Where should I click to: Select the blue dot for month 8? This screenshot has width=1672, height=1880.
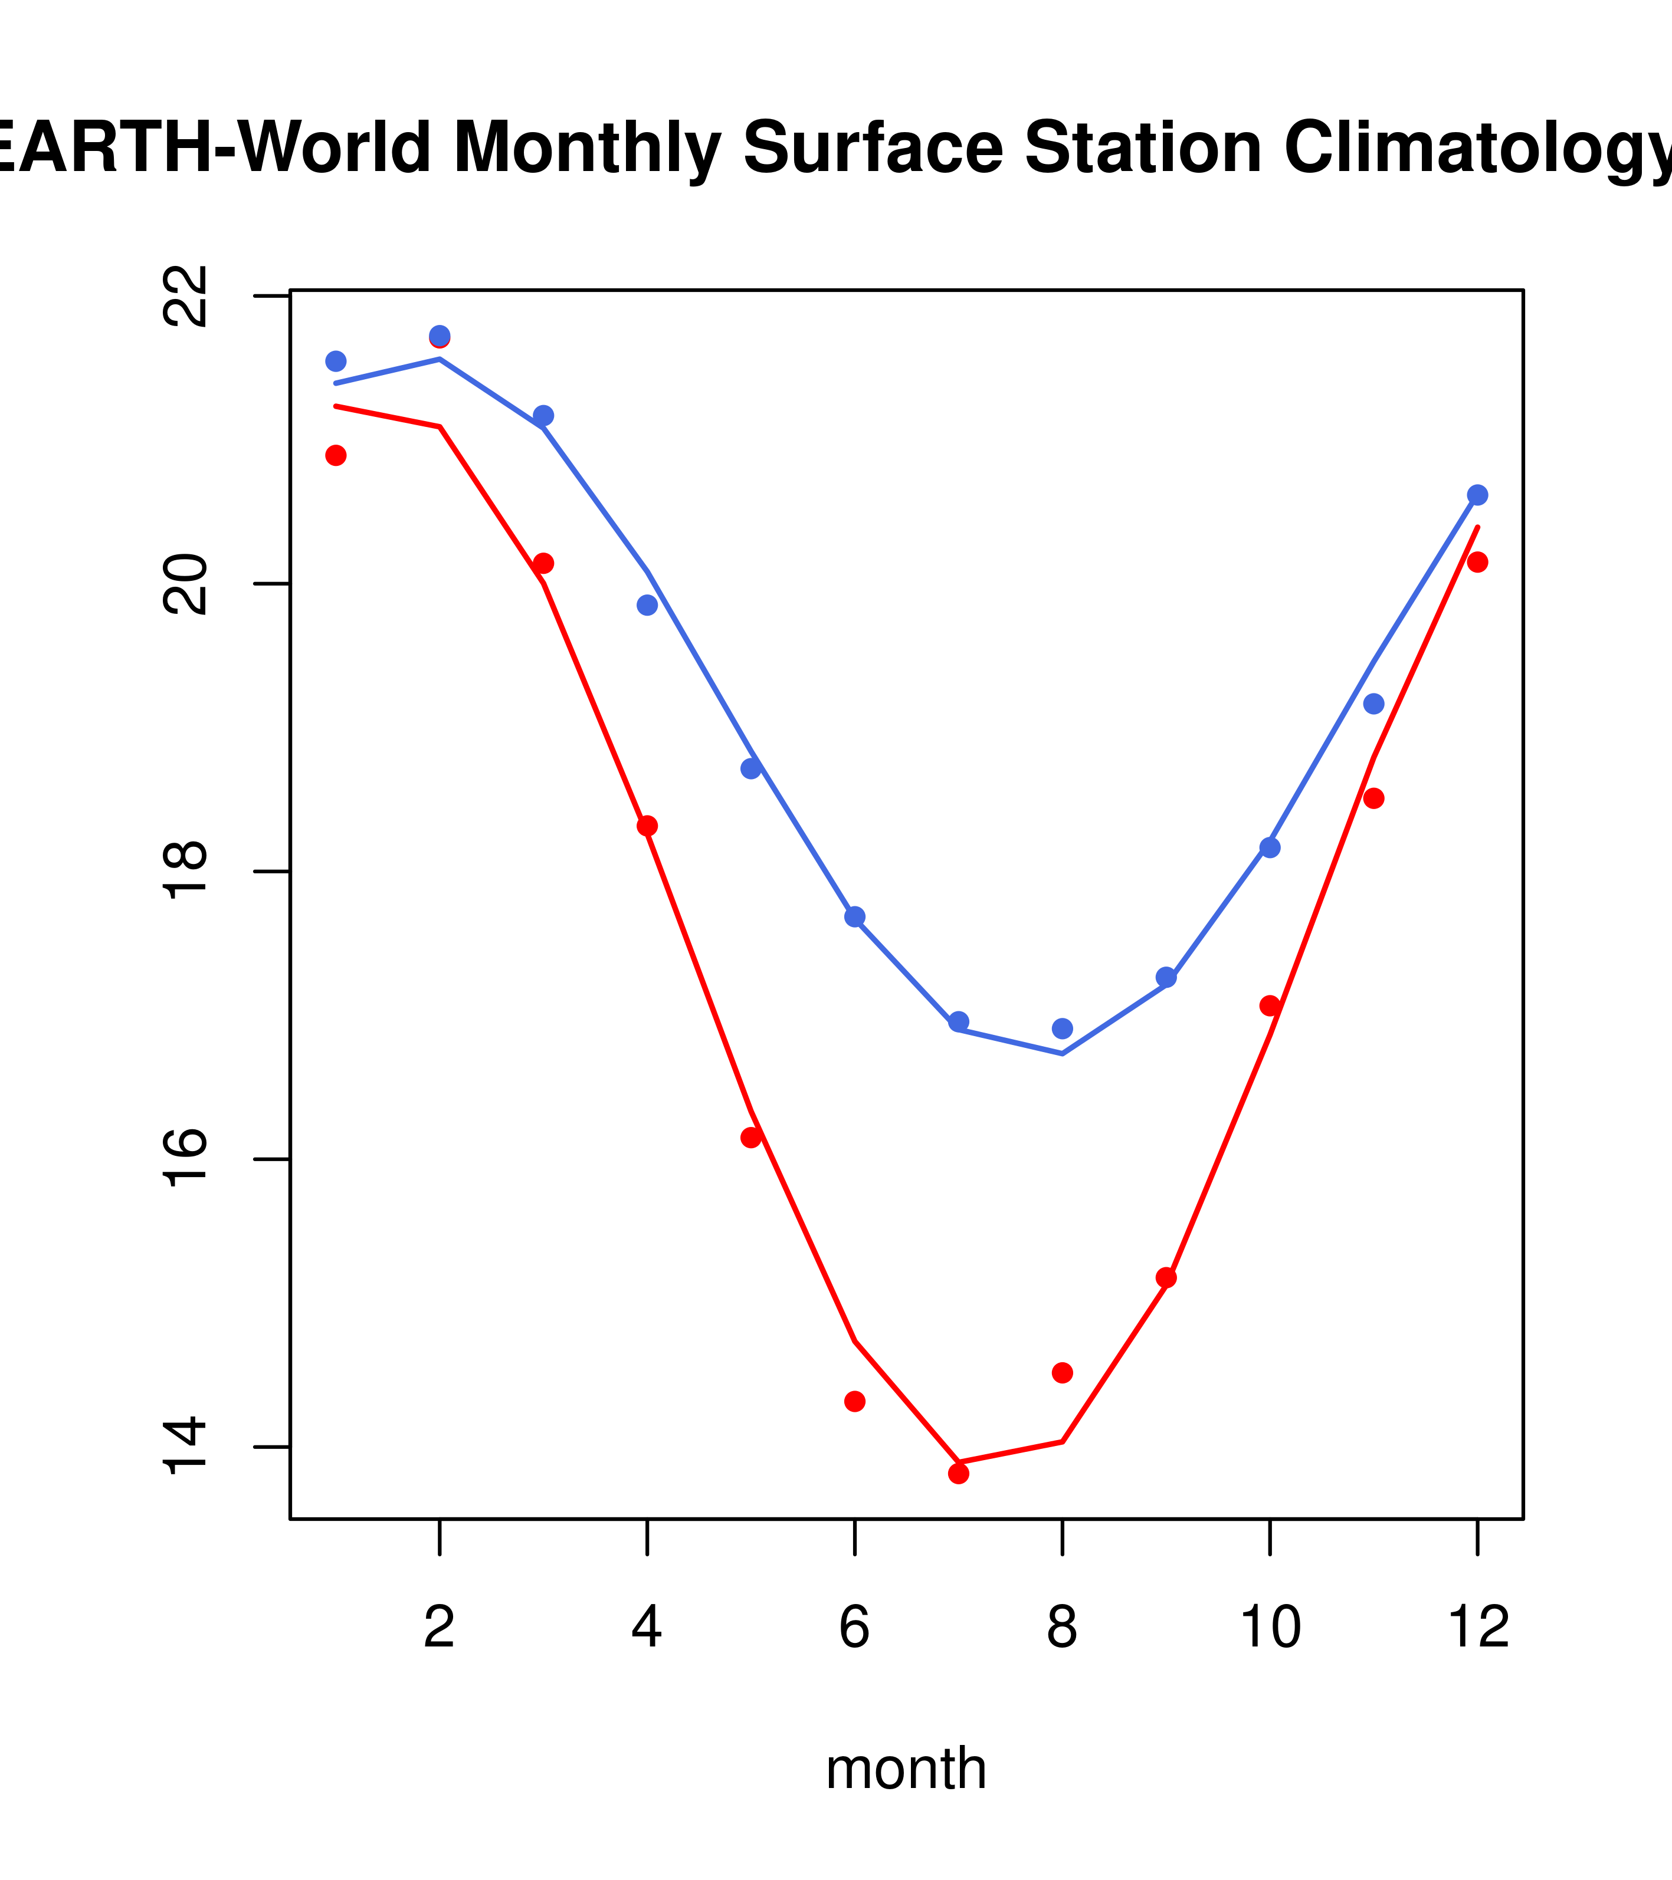1062,1028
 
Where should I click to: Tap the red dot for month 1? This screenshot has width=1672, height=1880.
336,455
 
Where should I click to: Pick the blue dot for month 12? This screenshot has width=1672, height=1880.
1477,495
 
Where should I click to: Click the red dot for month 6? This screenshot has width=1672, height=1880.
855,1401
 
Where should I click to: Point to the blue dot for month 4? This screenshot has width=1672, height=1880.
647,605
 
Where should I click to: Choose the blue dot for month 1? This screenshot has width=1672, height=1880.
336,360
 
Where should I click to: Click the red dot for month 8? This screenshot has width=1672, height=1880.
1062,1372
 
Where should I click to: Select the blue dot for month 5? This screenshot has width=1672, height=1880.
751,768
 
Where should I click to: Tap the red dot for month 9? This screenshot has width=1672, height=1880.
1166,1277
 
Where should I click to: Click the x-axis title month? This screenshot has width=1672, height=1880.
906,1769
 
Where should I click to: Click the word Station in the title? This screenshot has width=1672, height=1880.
1143,147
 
